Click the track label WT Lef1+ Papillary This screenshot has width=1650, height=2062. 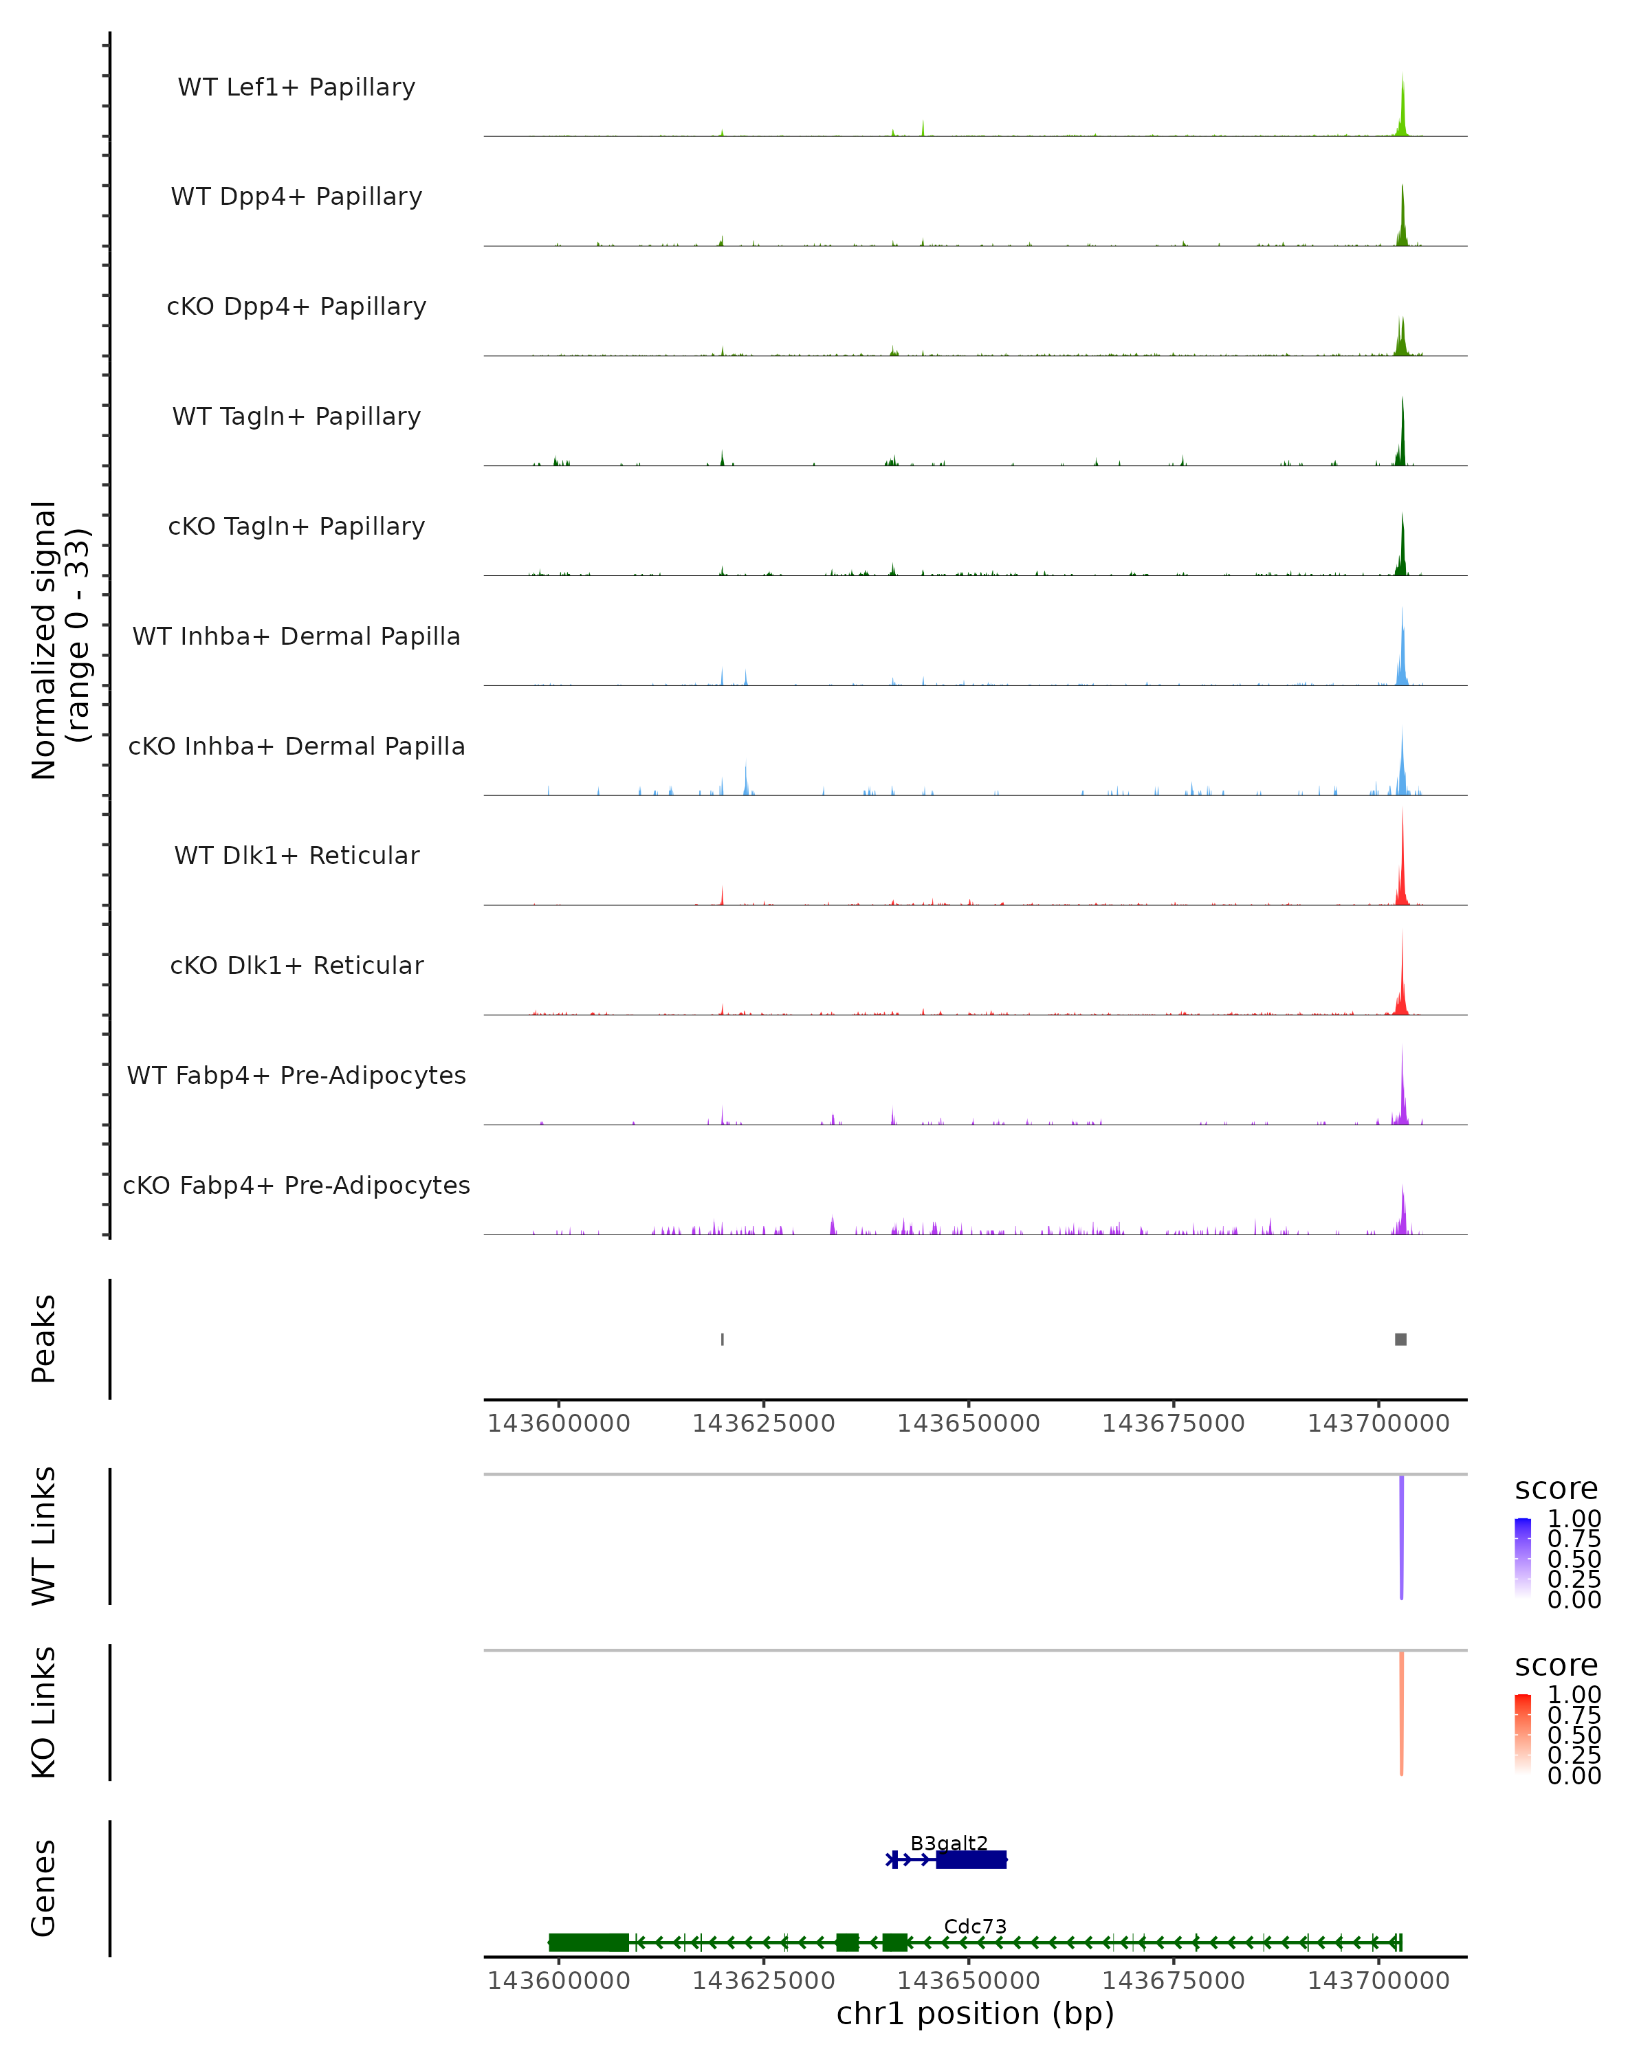coord(296,87)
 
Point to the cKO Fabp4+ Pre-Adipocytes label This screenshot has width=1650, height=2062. coord(296,1185)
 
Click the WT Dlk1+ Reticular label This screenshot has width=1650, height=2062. coord(296,855)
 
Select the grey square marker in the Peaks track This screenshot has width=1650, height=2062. coord(1400,1339)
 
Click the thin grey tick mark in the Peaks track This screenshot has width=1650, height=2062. coord(722,1339)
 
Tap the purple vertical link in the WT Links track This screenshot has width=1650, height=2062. coord(1401,1535)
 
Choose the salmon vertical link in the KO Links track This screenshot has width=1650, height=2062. coord(1401,1712)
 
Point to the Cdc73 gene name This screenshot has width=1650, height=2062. coord(975,1926)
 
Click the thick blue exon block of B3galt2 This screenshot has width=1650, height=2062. coord(971,1859)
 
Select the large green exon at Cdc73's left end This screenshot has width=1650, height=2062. coord(588,1942)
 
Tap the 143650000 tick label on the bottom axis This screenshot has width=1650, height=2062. coord(968,1981)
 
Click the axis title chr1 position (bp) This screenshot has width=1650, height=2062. coord(975,2013)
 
